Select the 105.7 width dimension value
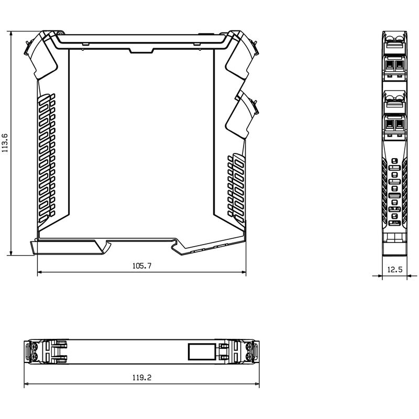coord(141,266)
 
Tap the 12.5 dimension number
coord(394,270)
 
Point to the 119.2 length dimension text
coord(141,377)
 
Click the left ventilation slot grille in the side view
coord(46,155)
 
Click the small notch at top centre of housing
coord(140,50)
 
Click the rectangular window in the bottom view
coord(202,351)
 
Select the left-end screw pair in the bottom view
coord(34,351)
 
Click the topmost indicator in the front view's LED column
coord(395,161)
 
